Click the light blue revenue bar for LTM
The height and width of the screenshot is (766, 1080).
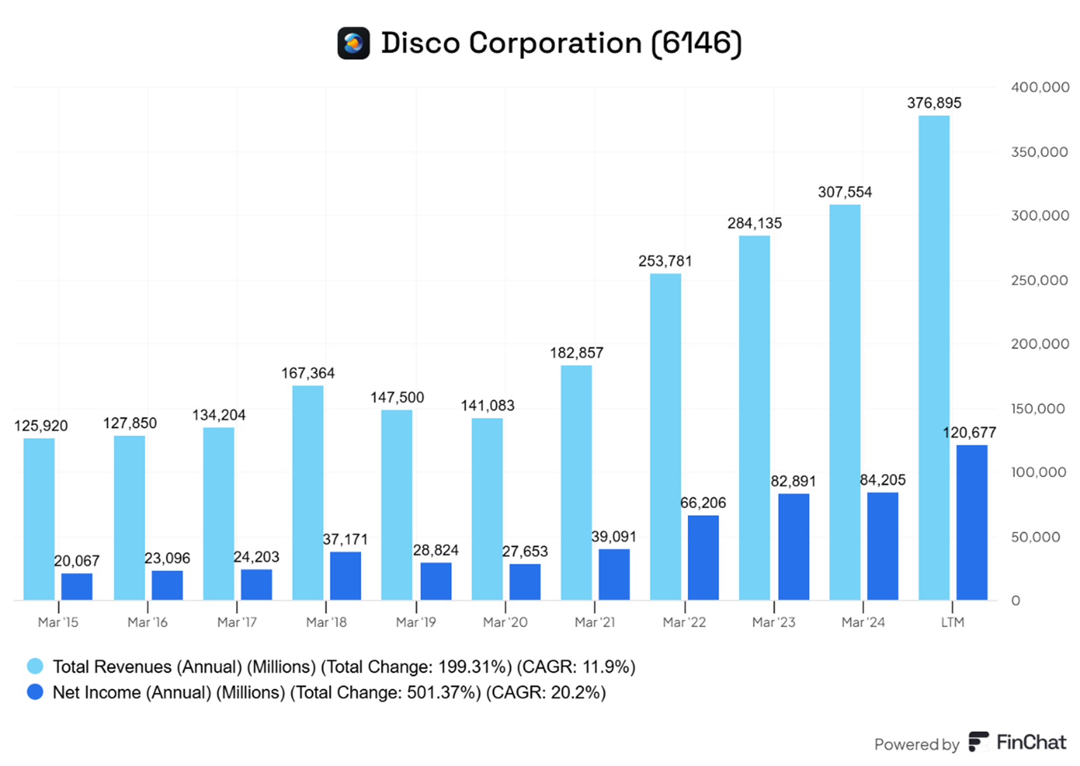[x=934, y=357]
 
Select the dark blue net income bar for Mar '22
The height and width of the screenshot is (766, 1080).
[x=703, y=557]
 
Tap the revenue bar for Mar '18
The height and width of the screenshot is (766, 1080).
[x=307, y=493]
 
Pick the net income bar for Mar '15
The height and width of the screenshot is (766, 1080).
[x=77, y=586]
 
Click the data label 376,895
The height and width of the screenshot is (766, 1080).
[x=934, y=103]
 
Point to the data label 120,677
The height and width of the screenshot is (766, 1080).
[x=969, y=433]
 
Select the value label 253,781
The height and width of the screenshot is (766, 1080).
[x=665, y=261]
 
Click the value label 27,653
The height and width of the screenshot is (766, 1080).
[x=524, y=552]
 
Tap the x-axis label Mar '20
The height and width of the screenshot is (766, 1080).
[x=505, y=622]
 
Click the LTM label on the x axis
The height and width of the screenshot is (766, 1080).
[x=952, y=622]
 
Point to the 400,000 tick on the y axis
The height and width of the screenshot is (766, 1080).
[x=1040, y=87]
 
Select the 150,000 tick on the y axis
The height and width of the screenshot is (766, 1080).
[x=1038, y=409]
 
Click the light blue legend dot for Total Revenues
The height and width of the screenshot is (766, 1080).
[x=35, y=666]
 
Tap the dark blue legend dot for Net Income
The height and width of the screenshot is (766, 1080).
[x=35, y=692]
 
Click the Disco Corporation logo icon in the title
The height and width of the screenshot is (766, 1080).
[x=353, y=43]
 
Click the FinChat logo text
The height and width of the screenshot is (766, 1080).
[x=1031, y=742]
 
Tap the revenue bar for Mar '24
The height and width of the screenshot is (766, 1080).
[x=845, y=402]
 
